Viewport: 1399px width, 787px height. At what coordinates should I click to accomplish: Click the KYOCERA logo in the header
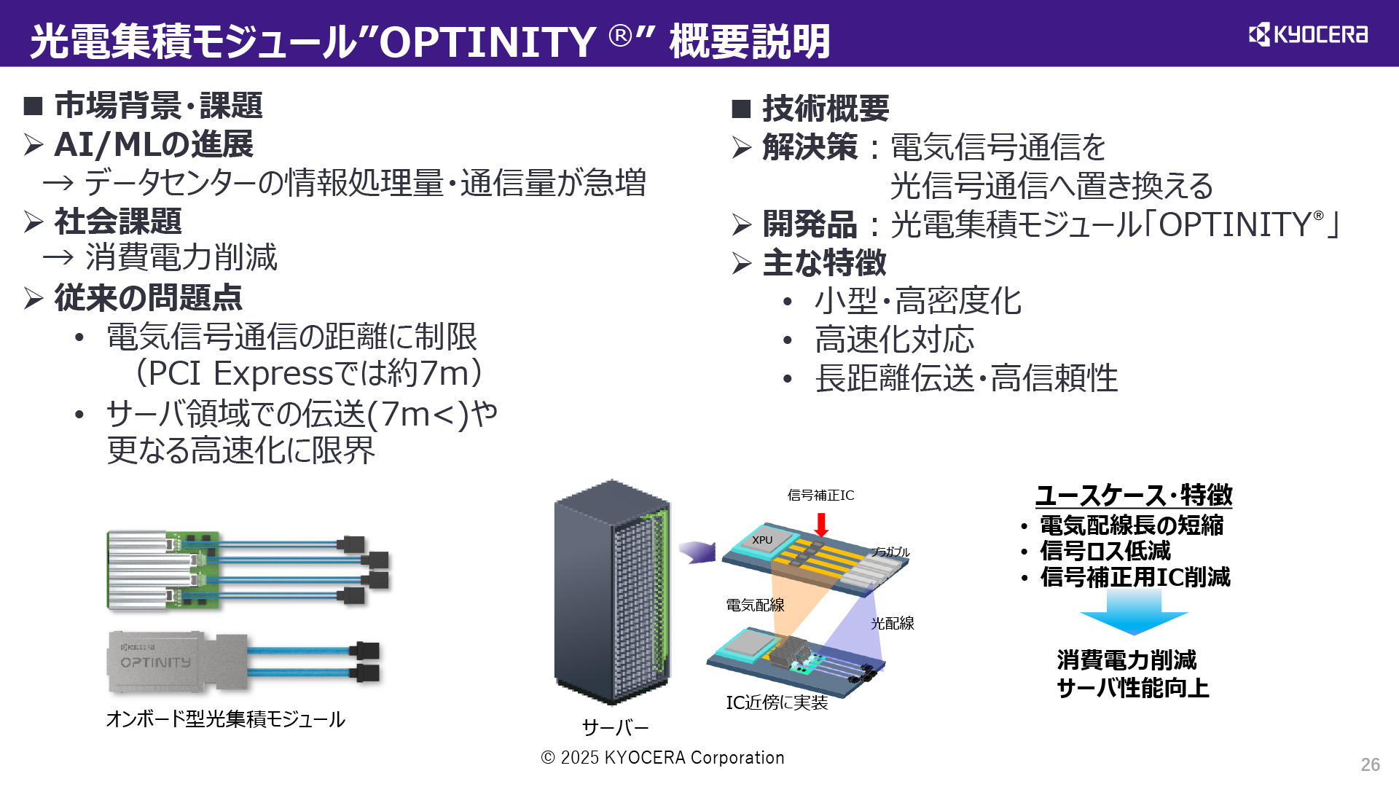pyautogui.click(x=1308, y=34)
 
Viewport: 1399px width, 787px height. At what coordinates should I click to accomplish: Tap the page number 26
pyautogui.click(x=1370, y=764)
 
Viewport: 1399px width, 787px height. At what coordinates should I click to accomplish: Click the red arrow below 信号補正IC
pyautogui.click(x=821, y=524)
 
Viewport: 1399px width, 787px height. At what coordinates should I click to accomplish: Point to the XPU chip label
pyautogui.click(x=762, y=540)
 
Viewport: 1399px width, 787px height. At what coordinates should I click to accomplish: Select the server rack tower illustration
pyautogui.click(x=612, y=592)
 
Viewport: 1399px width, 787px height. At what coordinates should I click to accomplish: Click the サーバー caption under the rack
pyautogui.click(x=615, y=727)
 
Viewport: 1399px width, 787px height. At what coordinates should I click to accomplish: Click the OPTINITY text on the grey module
pyautogui.click(x=155, y=662)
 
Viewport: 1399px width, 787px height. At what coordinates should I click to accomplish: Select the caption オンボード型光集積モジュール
pyautogui.click(x=225, y=719)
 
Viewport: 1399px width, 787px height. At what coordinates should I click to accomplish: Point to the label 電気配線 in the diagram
pyautogui.click(x=755, y=605)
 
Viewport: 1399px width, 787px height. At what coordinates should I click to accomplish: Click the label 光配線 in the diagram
pyautogui.click(x=892, y=623)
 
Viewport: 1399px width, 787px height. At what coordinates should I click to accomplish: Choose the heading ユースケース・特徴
pyautogui.click(x=1134, y=496)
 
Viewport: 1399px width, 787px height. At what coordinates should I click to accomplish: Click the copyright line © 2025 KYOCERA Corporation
pyautogui.click(x=662, y=758)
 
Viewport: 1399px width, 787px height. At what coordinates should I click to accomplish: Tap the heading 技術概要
pyautogui.click(x=826, y=109)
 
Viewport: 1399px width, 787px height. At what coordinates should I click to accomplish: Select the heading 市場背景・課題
pyautogui.click(x=158, y=105)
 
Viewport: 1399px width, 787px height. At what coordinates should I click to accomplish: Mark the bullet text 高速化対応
pyautogui.click(x=894, y=340)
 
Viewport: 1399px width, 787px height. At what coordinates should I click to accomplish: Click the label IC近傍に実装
pyautogui.click(x=777, y=702)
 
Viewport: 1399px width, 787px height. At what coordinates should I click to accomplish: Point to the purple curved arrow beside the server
pyautogui.click(x=697, y=552)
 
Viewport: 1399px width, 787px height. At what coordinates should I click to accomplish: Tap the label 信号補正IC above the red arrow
pyautogui.click(x=820, y=496)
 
